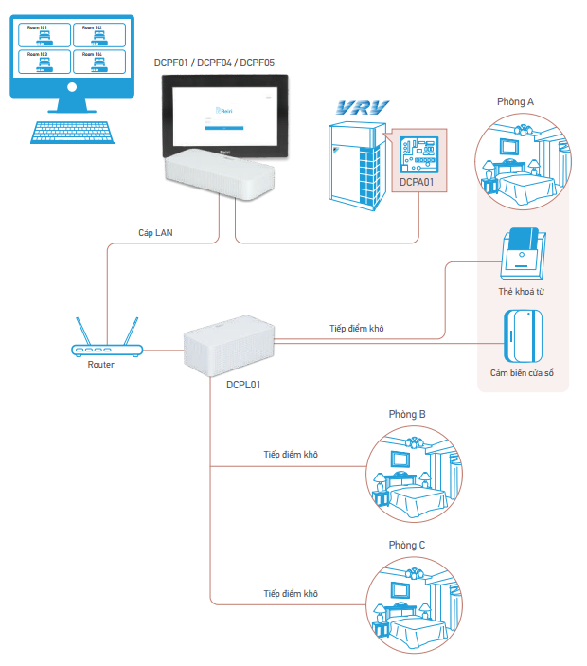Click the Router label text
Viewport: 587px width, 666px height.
coord(100,365)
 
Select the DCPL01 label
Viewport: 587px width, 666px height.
coord(244,386)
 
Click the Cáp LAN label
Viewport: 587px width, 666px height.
coord(156,231)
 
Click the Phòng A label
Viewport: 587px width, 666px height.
coord(516,100)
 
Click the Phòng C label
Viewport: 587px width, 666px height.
coord(408,545)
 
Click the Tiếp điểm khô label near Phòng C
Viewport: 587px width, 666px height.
coord(291,593)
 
